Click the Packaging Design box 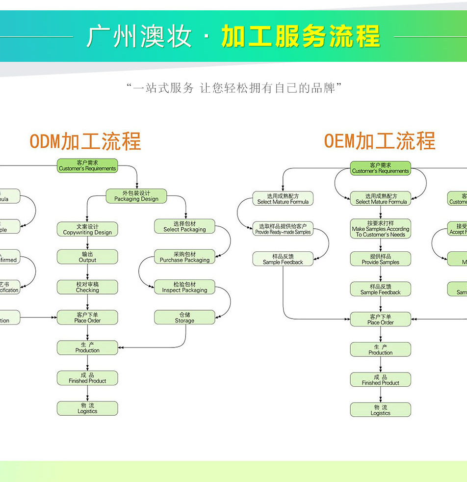(x=136, y=196)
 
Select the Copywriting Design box (x=87, y=229)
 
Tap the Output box (x=87, y=257)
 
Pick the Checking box (x=87, y=287)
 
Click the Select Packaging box (x=184, y=226)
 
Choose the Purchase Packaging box (x=184, y=257)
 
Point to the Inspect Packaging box (x=184, y=287)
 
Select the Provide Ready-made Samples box (x=283, y=229)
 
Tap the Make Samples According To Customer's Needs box (x=381, y=229)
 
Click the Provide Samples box (x=381, y=259)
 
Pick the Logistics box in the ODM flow (x=87, y=408)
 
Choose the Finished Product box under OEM (x=381, y=380)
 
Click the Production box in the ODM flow (x=87, y=348)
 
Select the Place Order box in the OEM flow (x=381, y=320)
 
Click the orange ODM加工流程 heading (x=85, y=141)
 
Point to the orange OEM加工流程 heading (x=379, y=141)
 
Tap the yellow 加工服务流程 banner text (x=300, y=36)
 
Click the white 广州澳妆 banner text (x=139, y=36)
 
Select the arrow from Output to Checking (x=87, y=272)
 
